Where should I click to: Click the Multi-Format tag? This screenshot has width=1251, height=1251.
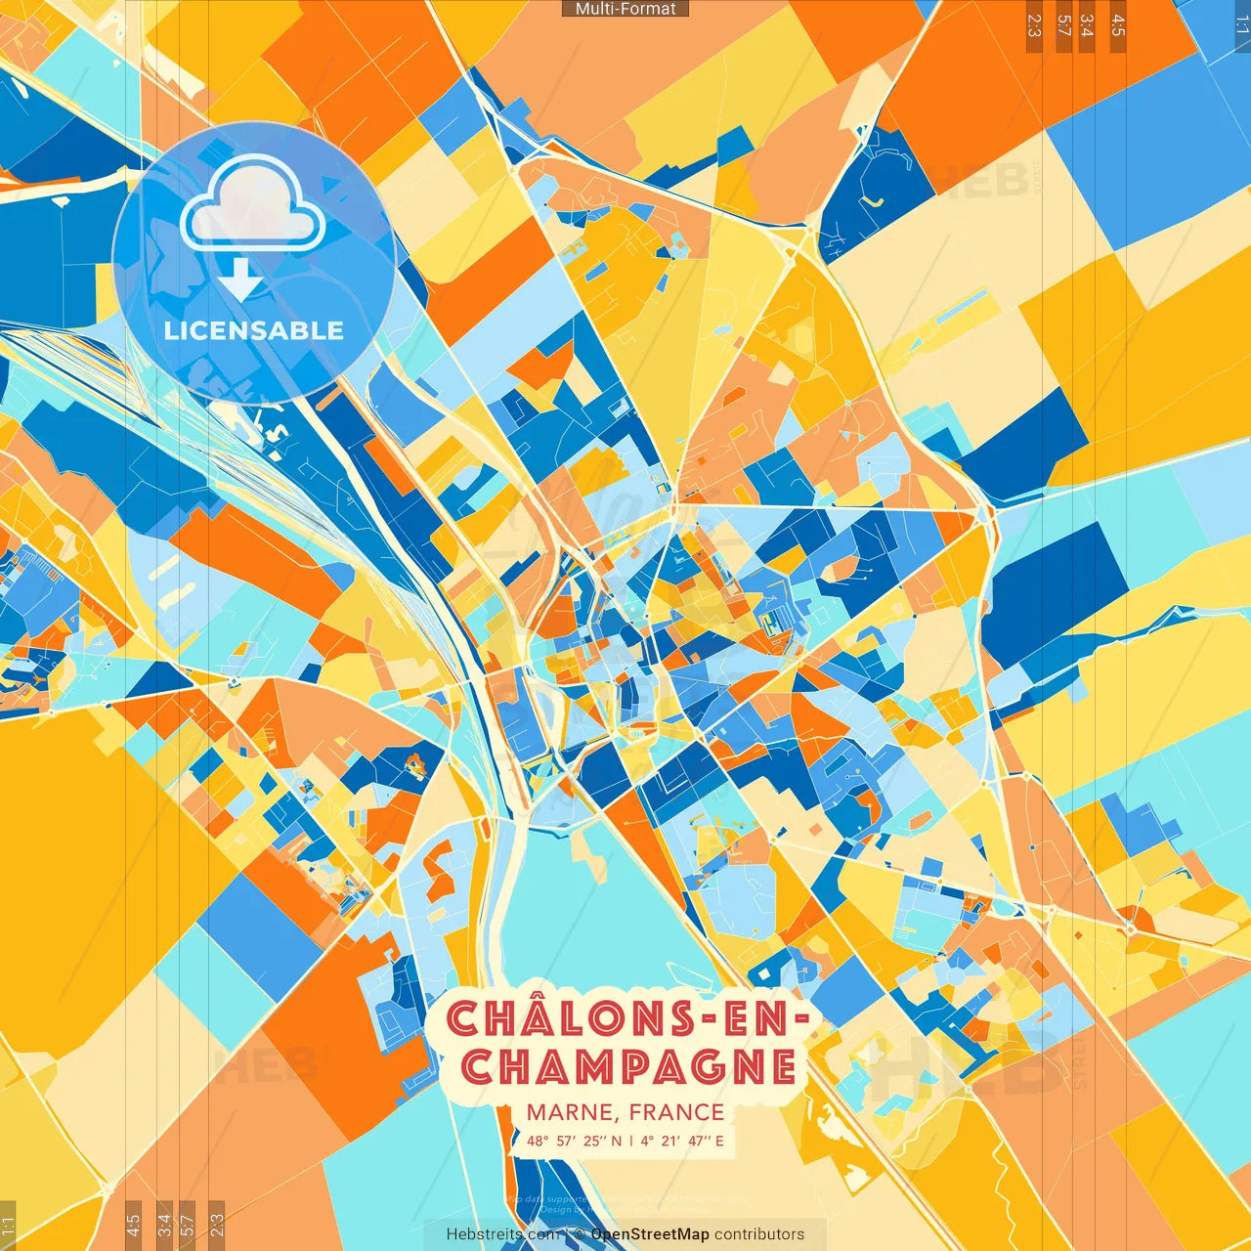(625, 9)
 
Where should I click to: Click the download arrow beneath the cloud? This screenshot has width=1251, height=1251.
(239, 279)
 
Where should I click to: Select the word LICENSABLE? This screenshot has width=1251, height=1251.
(253, 330)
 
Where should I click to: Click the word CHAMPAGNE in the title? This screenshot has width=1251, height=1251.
(628, 1066)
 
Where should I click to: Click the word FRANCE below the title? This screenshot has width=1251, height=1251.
(676, 1112)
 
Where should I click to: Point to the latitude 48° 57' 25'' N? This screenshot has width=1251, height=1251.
(574, 1141)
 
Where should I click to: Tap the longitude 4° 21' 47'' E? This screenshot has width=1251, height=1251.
(682, 1141)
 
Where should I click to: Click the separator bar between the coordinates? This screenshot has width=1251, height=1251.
(631, 1141)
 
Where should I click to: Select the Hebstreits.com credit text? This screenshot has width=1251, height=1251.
(503, 1234)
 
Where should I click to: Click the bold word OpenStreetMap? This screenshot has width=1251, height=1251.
(650, 1234)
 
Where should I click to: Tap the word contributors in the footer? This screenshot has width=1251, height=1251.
(759, 1234)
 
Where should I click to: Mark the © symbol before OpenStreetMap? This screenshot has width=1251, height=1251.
(580, 1234)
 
